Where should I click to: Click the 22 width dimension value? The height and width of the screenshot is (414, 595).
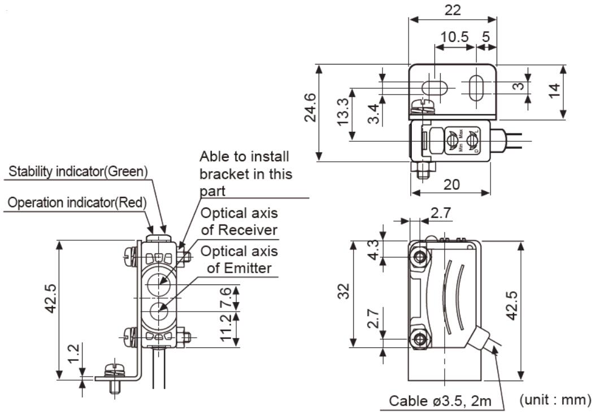(x=453, y=10)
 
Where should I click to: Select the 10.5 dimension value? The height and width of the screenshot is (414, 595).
(x=455, y=37)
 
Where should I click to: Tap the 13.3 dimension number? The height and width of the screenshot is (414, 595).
(x=343, y=114)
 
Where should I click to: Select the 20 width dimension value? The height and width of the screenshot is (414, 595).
(x=451, y=184)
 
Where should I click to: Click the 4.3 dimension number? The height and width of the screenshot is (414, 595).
(x=373, y=249)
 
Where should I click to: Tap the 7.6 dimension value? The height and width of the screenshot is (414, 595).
(x=227, y=296)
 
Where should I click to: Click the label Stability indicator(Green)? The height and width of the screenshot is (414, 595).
(x=79, y=170)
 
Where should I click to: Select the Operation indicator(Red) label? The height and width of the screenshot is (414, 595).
(x=76, y=202)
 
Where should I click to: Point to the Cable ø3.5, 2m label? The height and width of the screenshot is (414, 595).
(x=439, y=401)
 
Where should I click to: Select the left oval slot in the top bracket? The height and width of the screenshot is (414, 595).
(x=435, y=88)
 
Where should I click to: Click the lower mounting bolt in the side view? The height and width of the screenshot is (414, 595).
(x=419, y=339)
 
